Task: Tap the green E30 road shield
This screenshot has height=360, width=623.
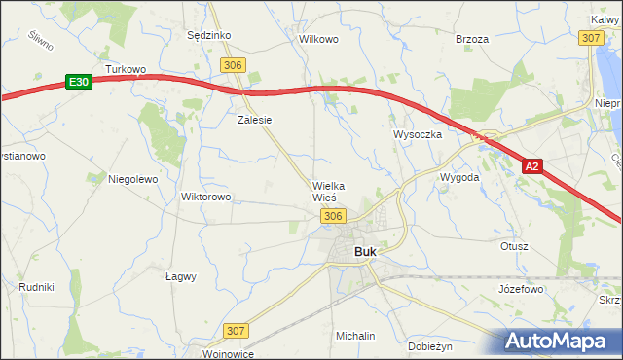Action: tap(79, 83)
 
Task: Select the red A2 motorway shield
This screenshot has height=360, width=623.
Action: tap(531, 167)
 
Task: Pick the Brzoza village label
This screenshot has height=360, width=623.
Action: tap(471, 39)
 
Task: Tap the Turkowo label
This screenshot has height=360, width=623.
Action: tap(126, 70)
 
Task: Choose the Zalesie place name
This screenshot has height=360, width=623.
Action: tap(254, 121)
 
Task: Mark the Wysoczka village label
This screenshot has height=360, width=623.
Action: tap(418, 134)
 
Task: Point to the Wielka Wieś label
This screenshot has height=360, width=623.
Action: tap(329, 191)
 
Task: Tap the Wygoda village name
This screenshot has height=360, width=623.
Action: tap(459, 178)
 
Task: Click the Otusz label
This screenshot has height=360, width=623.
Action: tap(514, 246)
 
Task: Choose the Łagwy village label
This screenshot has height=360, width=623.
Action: tap(181, 276)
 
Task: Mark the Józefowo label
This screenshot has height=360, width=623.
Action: tap(520, 290)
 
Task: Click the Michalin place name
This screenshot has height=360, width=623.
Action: tap(355, 336)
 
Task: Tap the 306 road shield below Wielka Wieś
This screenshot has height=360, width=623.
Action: tap(333, 215)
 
